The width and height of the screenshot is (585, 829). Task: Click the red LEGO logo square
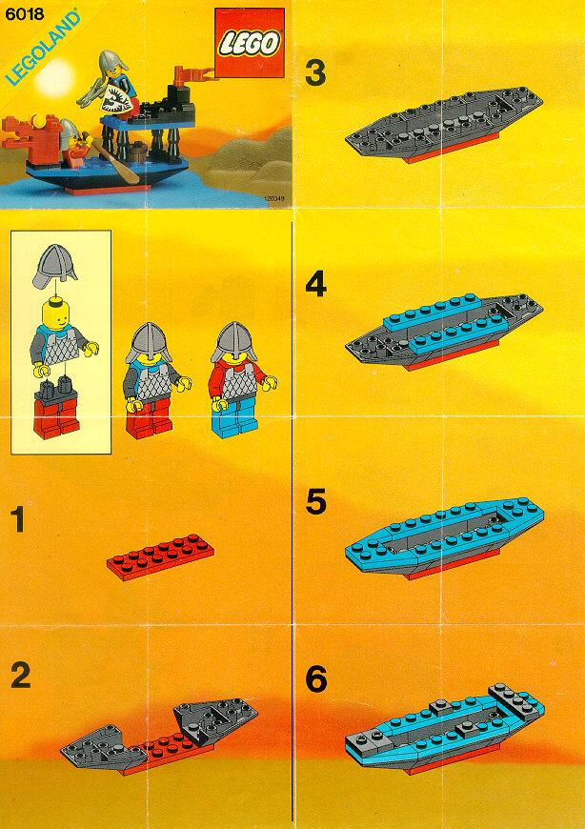(x=250, y=43)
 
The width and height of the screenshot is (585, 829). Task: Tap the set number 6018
(x=25, y=13)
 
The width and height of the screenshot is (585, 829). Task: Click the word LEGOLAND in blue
(x=43, y=48)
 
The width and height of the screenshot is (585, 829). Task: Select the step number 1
(x=18, y=519)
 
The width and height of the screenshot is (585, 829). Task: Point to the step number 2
(x=21, y=676)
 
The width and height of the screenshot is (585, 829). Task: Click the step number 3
(x=315, y=73)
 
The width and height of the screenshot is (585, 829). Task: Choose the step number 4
(x=316, y=285)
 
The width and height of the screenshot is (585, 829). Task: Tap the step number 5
(x=316, y=501)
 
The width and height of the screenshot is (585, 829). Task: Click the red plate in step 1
(x=161, y=557)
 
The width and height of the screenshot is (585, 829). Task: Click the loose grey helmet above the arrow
(x=54, y=266)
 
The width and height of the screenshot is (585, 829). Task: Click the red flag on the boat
(x=192, y=74)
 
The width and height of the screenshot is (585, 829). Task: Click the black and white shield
(x=117, y=99)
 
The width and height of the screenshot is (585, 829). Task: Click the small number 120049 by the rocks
(x=273, y=199)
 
